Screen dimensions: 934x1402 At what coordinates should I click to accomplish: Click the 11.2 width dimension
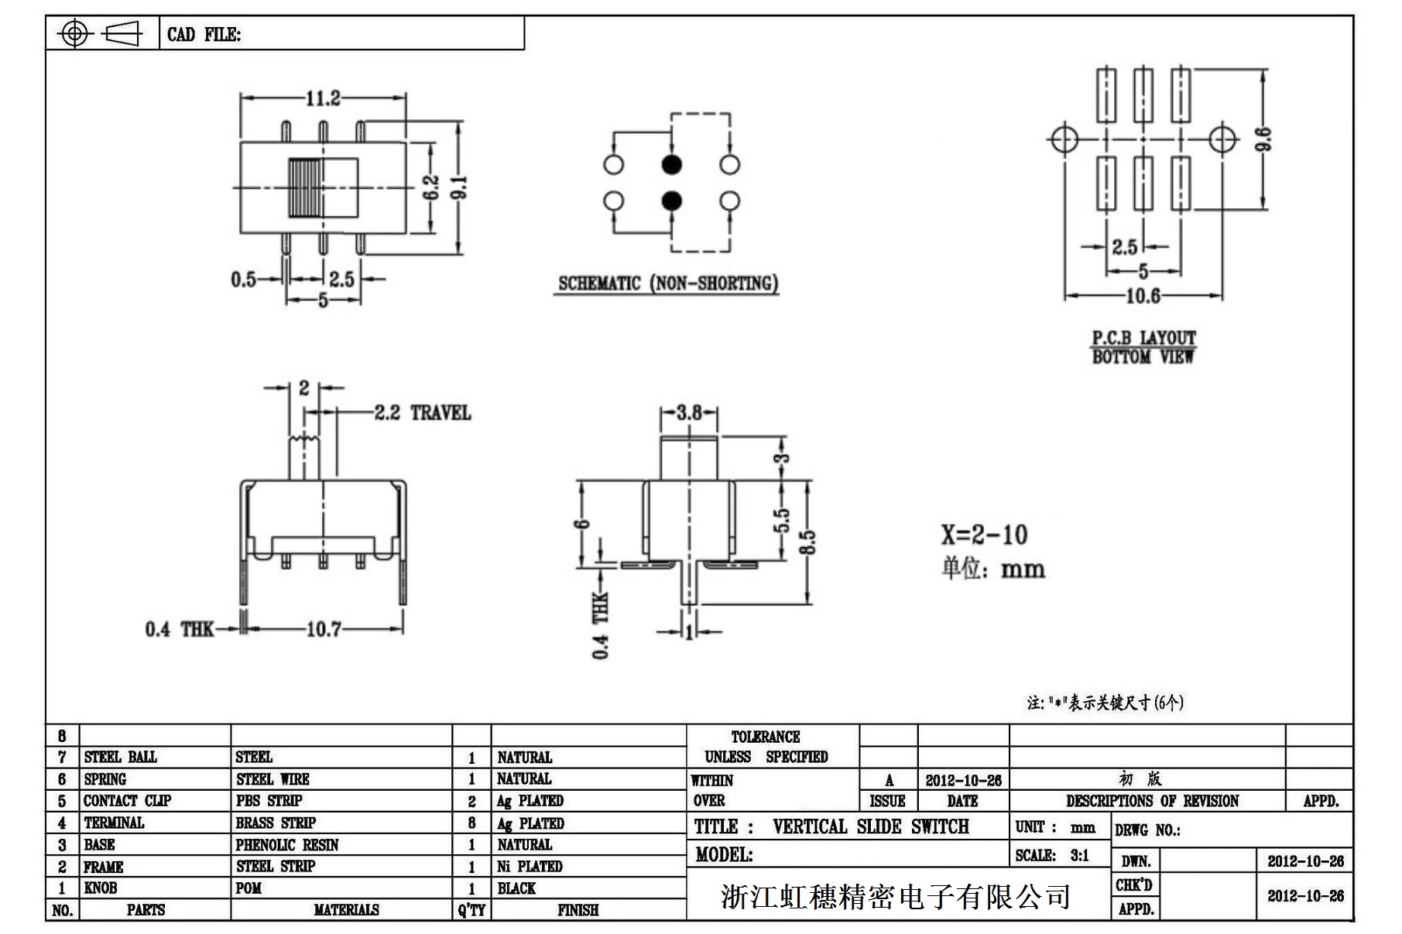pyautogui.click(x=323, y=98)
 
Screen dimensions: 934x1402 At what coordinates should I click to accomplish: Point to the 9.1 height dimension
pyautogui.click(x=460, y=187)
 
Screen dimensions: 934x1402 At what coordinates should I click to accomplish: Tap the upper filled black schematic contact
pyautogui.click(x=671, y=164)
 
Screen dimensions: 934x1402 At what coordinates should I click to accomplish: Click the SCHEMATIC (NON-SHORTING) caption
pyautogui.click(x=667, y=283)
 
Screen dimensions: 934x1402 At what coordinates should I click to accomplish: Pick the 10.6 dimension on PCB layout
pyautogui.click(x=1142, y=296)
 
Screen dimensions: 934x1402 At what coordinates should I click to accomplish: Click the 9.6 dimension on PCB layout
pyautogui.click(x=1263, y=139)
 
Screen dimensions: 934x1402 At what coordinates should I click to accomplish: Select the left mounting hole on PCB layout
pyautogui.click(x=1064, y=139)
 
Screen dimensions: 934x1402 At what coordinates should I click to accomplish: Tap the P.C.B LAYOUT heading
pyautogui.click(x=1143, y=338)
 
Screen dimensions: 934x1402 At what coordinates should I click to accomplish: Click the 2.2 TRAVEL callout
pyautogui.click(x=422, y=412)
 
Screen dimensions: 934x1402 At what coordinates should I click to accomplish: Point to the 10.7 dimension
pyautogui.click(x=323, y=629)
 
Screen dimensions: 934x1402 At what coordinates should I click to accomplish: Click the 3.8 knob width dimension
pyautogui.click(x=688, y=412)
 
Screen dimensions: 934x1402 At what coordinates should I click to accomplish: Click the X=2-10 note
pyautogui.click(x=984, y=535)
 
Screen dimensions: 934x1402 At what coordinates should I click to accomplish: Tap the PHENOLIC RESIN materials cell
pyautogui.click(x=287, y=845)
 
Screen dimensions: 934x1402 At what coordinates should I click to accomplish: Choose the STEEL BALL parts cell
pyautogui.click(x=120, y=757)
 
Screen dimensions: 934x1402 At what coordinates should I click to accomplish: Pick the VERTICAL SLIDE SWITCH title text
pyautogui.click(x=870, y=826)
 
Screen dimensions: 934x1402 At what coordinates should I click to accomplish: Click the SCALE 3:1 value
pyautogui.click(x=1079, y=856)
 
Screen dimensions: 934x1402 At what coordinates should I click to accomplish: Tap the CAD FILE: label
pyautogui.click(x=204, y=35)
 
